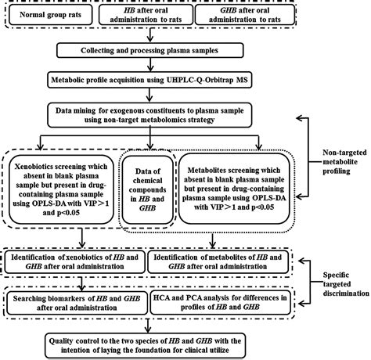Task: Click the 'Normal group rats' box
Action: (51, 15)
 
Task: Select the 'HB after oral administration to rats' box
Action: (146, 15)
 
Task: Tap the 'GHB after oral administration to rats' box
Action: (245, 15)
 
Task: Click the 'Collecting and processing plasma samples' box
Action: (150, 50)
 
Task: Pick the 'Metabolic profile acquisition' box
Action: (149, 80)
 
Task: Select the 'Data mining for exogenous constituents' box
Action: (149, 115)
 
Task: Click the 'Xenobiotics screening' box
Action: (61, 189)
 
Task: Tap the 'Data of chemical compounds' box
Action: (147, 189)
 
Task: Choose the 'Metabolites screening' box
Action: (234, 189)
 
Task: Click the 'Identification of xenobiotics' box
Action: (74, 262)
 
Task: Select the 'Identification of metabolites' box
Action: (218, 262)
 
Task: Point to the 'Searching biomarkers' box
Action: (77, 303)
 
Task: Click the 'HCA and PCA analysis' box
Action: (220, 302)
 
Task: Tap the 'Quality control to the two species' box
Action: (146, 345)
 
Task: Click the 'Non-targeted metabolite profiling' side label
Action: (344, 162)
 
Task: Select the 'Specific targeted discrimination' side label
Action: (346, 284)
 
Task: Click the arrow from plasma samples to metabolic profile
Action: (150, 64)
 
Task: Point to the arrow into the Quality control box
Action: (148, 326)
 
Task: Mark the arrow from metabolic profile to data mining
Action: (149, 95)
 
